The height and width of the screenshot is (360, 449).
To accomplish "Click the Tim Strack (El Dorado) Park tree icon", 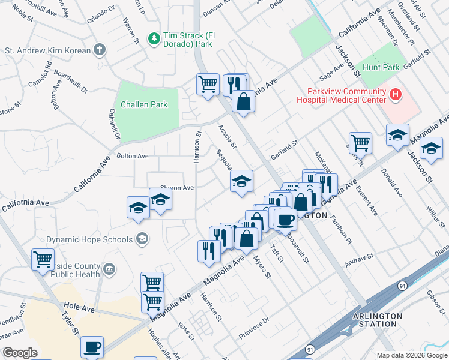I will [154, 38].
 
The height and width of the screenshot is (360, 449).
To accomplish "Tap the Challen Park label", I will [144, 104].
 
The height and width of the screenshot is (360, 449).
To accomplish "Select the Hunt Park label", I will [381, 68].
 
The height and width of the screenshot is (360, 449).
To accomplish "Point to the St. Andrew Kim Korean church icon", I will [100, 50].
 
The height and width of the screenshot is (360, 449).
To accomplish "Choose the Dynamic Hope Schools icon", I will [142, 239].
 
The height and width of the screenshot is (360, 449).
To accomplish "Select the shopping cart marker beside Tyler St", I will [43, 260].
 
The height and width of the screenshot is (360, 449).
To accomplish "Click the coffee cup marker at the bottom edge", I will [92, 346].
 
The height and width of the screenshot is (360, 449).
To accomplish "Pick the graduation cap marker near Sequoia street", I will [241, 181].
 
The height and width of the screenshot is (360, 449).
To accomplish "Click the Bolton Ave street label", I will [133, 156].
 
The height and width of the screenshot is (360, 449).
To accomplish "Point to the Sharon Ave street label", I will [176, 188].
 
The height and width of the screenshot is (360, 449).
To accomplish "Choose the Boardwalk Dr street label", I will [70, 80].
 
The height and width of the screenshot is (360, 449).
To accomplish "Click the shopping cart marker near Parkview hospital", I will [360, 143].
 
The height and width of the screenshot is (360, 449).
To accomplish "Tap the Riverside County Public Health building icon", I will [109, 268].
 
